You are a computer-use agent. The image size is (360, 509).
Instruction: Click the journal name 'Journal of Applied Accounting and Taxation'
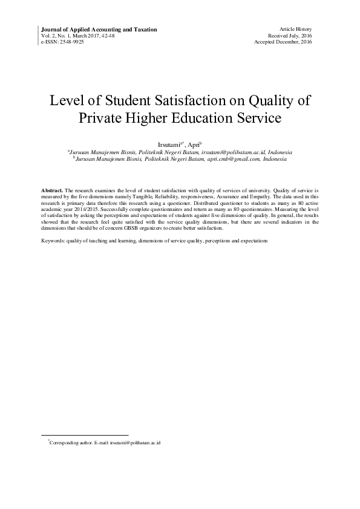(99, 29)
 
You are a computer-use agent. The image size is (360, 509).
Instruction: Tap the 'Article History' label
(295, 29)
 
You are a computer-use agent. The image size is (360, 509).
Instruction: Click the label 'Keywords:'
(53, 241)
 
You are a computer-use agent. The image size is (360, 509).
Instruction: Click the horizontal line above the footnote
(84, 435)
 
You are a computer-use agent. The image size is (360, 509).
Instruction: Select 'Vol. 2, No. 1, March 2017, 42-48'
(79, 36)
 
